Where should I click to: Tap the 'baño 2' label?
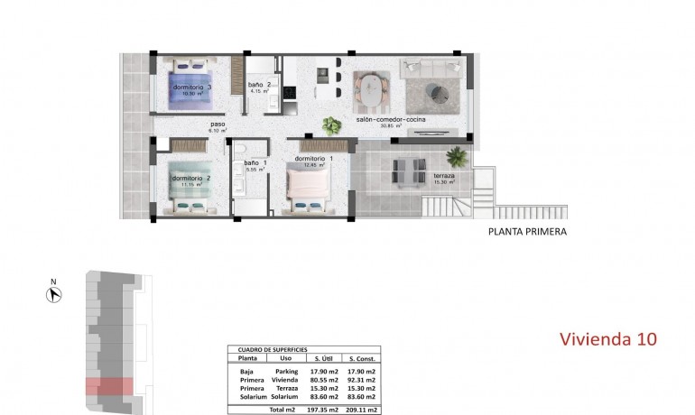[260, 86]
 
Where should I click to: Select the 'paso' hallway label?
[217, 124]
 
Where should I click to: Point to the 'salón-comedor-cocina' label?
[391, 119]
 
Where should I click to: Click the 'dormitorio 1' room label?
[313, 159]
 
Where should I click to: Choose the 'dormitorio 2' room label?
[190, 178]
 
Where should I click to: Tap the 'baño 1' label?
[255, 163]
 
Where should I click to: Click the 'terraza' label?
[443, 175]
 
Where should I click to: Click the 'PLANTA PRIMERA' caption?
[527, 232]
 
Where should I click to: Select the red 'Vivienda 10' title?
[607, 339]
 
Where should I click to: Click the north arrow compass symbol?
[53, 292]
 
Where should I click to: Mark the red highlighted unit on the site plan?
[109, 386]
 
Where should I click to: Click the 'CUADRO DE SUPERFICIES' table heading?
[272, 349]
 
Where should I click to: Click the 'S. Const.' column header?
[363, 358]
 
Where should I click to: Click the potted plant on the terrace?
[458, 156]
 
